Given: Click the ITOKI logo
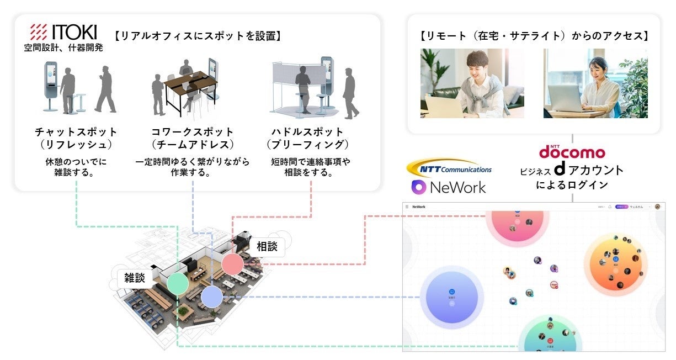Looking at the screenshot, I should (x=65, y=32).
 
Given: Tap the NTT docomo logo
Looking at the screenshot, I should (x=572, y=151).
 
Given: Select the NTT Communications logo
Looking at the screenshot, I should (x=449, y=167).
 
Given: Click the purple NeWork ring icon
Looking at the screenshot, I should (x=420, y=187).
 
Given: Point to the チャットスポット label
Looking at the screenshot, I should (x=76, y=133).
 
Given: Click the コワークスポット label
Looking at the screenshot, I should (x=192, y=133).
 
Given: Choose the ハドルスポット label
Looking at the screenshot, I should (x=307, y=133).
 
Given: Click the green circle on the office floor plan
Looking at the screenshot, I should (x=178, y=283).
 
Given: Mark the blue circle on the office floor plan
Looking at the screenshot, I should (x=211, y=297).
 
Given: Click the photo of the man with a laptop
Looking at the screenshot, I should (x=472, y=83).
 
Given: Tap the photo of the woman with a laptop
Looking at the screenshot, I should (x=595, y=83).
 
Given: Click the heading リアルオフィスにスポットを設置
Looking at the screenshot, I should (x=198, y=36).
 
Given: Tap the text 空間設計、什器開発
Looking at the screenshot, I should (x=63, y=47).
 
